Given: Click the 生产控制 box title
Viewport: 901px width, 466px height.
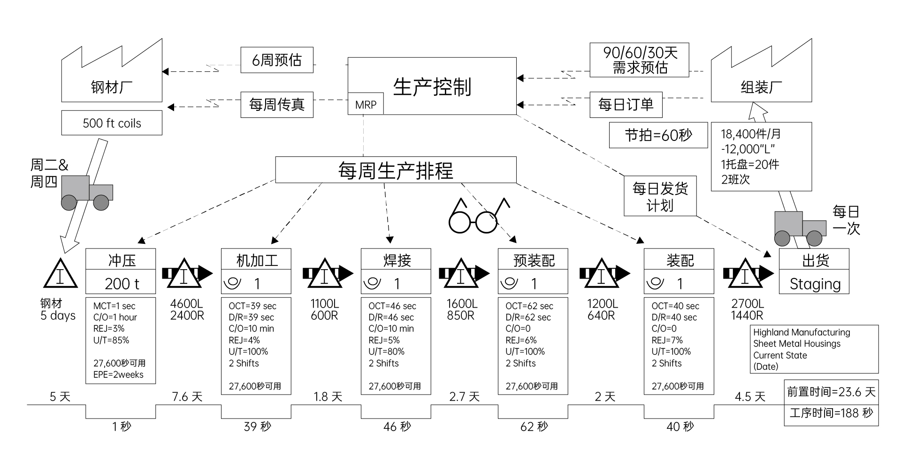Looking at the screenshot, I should [x=432, y=86].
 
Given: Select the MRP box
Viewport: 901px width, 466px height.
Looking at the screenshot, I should [x=366, y=105].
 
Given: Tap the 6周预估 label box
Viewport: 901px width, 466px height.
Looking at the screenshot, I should [x=277, y=60].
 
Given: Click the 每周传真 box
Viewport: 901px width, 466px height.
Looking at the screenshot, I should [x=277, y=104].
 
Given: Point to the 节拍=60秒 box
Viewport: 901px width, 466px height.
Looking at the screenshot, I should [x=658, y=135].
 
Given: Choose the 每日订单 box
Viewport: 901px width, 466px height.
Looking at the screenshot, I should [x=626, y=104].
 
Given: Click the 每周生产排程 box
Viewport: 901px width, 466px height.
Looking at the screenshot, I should [x=396, y=170].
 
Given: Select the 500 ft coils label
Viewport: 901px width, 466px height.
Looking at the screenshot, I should [x=112, y=123].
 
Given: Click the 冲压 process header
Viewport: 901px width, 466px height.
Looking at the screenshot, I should [x=121, y=260].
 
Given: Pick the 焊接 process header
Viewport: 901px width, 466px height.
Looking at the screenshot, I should [x=396, y=260].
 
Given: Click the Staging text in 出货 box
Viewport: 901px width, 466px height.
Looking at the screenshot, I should [x=814, y=284].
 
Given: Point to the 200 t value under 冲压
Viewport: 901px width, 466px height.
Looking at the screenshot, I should [x=122, y=284].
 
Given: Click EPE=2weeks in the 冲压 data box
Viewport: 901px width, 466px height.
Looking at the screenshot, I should [x=118, y=374].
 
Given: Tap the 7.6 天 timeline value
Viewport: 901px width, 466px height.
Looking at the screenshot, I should [x=187, y=397].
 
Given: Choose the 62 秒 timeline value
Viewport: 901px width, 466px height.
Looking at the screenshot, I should [x=534, y=427].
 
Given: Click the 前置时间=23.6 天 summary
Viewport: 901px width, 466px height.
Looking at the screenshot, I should [x=831, y=392].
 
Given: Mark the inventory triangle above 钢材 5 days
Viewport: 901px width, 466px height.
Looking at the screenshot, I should [x=60, y=274].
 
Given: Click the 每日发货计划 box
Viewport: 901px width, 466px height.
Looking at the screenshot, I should [x=660, y=196].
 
